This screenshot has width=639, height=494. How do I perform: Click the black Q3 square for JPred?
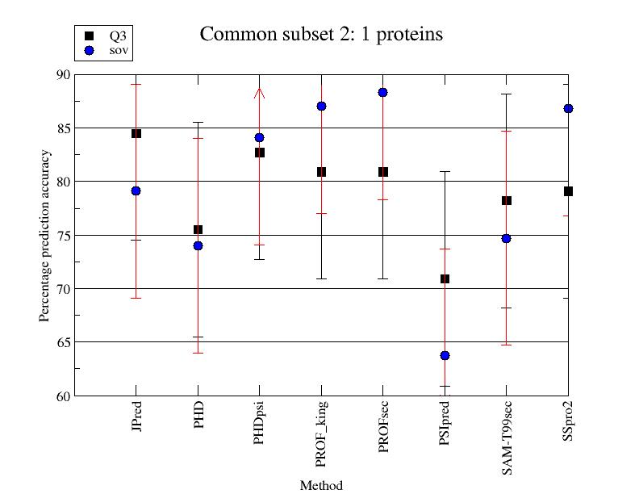pyautogui.click(x=136, y=133)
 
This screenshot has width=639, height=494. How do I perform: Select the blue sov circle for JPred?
pyautogui.click(x=136, y=190)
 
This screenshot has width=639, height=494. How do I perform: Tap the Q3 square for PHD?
pyautogui.click(x=198, y=230)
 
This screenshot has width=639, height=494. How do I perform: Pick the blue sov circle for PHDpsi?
pyautogui.click(x=260, y=137)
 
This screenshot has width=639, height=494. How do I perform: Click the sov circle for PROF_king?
pyautogui.click(x=321, y=106)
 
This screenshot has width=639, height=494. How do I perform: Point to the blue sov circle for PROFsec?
pyautogui.click(x=383, y=93)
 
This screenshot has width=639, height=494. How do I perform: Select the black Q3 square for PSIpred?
pyautogui.click(x=445, y=278)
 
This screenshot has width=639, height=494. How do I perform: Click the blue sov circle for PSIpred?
pyautogui.click(x=445, y=355)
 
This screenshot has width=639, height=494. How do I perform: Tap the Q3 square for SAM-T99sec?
pyautogui.click(x=507, y=200)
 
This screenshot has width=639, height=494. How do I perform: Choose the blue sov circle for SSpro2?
pyautogui.click(x=568, y=108)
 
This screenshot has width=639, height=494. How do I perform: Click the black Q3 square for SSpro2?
pyautogui.click(x=568, y=191)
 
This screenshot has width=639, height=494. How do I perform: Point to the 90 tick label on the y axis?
pyautogui.click(x=63, y=74)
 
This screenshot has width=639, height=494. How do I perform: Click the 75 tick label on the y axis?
pyautogui.click(x=63, y=235)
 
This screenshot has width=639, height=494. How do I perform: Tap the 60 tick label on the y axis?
pyautogui.click(x=63, y=396)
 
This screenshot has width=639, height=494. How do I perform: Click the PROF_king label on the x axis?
pyautogui.click(x=322, y=433)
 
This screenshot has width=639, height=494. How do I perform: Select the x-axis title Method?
pyautogui.click(x=321, y=485)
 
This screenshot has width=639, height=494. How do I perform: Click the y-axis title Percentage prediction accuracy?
pyautogui.click(x=45, y=235)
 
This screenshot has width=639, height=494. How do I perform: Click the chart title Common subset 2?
pyautogui.click(x=321, y=35)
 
